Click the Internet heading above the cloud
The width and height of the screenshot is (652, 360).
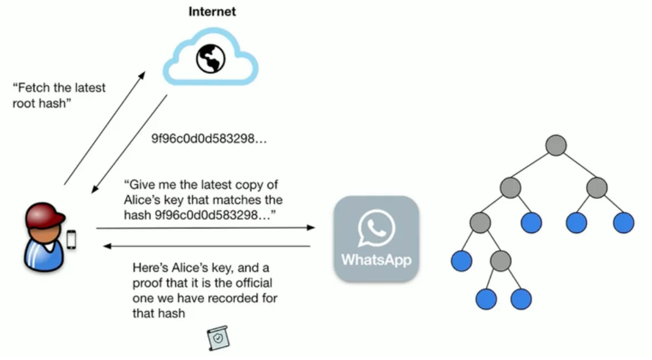[x=212, y=11]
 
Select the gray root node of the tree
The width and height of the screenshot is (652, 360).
[x=555, y=145]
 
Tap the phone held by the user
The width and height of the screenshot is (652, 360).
[x=72, y=239]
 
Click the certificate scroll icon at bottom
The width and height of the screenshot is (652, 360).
[x=218, y=338]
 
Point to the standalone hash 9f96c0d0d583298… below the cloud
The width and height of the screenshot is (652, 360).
[x=208, y=139]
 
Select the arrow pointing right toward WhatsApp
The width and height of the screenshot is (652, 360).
[x=206, y=228]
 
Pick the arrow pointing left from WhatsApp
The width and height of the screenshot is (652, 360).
[x=206, y=247]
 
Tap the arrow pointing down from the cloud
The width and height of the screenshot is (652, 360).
[x=130, y=144]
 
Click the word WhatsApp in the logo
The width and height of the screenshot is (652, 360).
[x=376, y=259]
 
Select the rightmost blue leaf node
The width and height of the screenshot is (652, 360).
[x=623, y=223]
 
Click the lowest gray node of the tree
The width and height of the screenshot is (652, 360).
[x=501, y=261]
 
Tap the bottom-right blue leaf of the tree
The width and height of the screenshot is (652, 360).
[x=521, y=299]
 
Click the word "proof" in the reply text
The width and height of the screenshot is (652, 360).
[x=148, y=283]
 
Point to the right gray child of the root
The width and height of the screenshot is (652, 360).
[x=596, y=187]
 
